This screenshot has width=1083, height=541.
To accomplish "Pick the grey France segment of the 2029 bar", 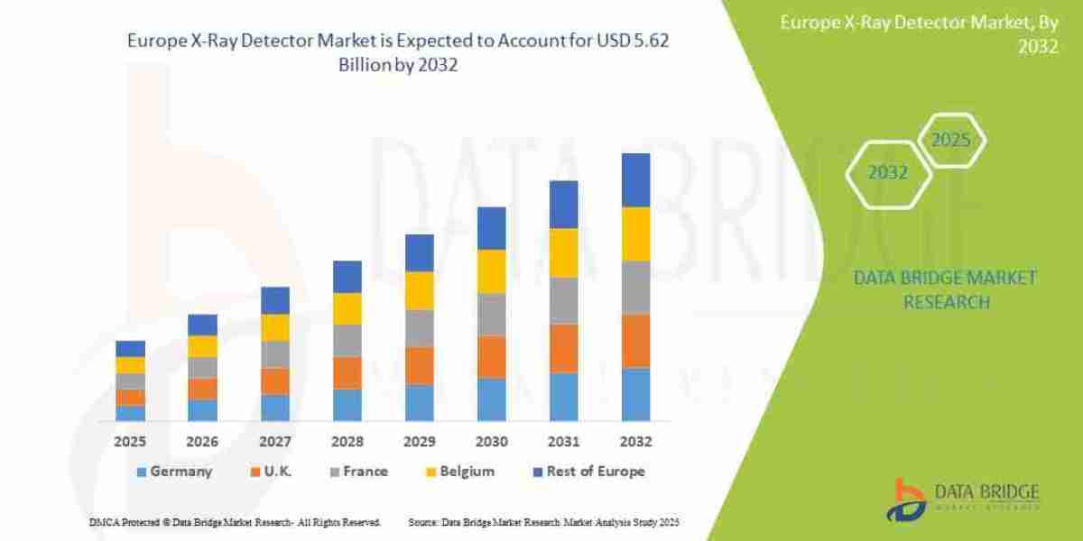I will (x=420, y=328).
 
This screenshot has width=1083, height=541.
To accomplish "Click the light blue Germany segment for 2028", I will (x=347, y=405).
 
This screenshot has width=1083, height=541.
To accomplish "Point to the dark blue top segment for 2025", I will (x=130, y=348).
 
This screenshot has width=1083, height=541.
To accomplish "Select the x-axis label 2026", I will (x=202, y=443).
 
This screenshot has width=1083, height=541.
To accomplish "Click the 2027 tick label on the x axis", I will (x=275, y=443).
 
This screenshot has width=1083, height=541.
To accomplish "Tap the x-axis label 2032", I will (x=636, y=443).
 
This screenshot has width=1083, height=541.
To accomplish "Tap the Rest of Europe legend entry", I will (x=587, y=472).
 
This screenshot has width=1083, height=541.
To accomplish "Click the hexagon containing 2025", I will (x=950, y=141).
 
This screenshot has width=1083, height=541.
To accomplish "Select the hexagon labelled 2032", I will (x=888, y=172).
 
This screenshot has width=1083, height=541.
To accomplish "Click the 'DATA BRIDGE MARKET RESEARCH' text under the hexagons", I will (x=945, y=289).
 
